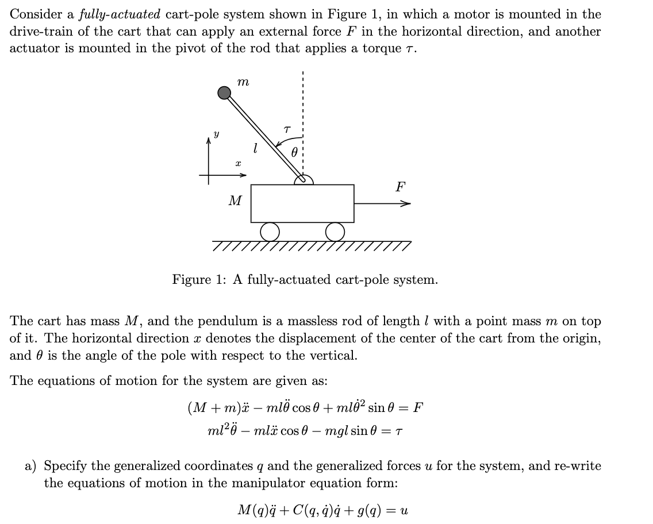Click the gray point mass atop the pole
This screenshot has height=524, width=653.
[224, 92]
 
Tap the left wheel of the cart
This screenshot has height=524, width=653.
[269, 231]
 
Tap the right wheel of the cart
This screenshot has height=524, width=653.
[335, 231]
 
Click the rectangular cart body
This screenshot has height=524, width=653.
[302, 203]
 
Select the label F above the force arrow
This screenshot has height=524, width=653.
[400, 187]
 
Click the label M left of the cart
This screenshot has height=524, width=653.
[235, 201]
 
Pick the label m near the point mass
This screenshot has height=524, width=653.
[243, 83]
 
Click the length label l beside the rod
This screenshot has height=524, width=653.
[255, 148]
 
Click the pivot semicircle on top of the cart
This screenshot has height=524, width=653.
[304, 180]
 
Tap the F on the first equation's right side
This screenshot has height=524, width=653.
[418, 409]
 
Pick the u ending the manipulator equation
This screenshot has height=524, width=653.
[405, 510]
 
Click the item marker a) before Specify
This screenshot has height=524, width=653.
[32, 466]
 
